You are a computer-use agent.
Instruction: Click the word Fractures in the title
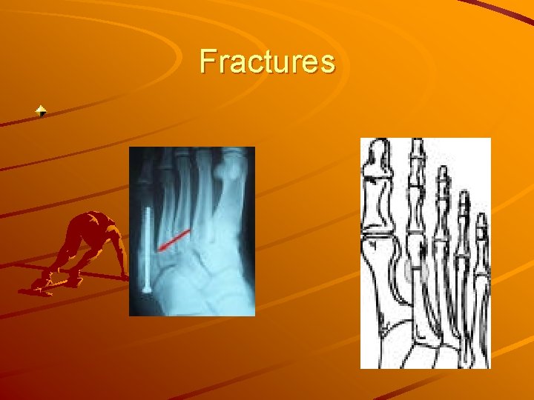pyautogui.click(x=267, y=61)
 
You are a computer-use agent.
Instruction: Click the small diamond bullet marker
pyautogui.click(x=42, y=112)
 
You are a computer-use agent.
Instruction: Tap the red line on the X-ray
pyautogui.click(x=174, y=240)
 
